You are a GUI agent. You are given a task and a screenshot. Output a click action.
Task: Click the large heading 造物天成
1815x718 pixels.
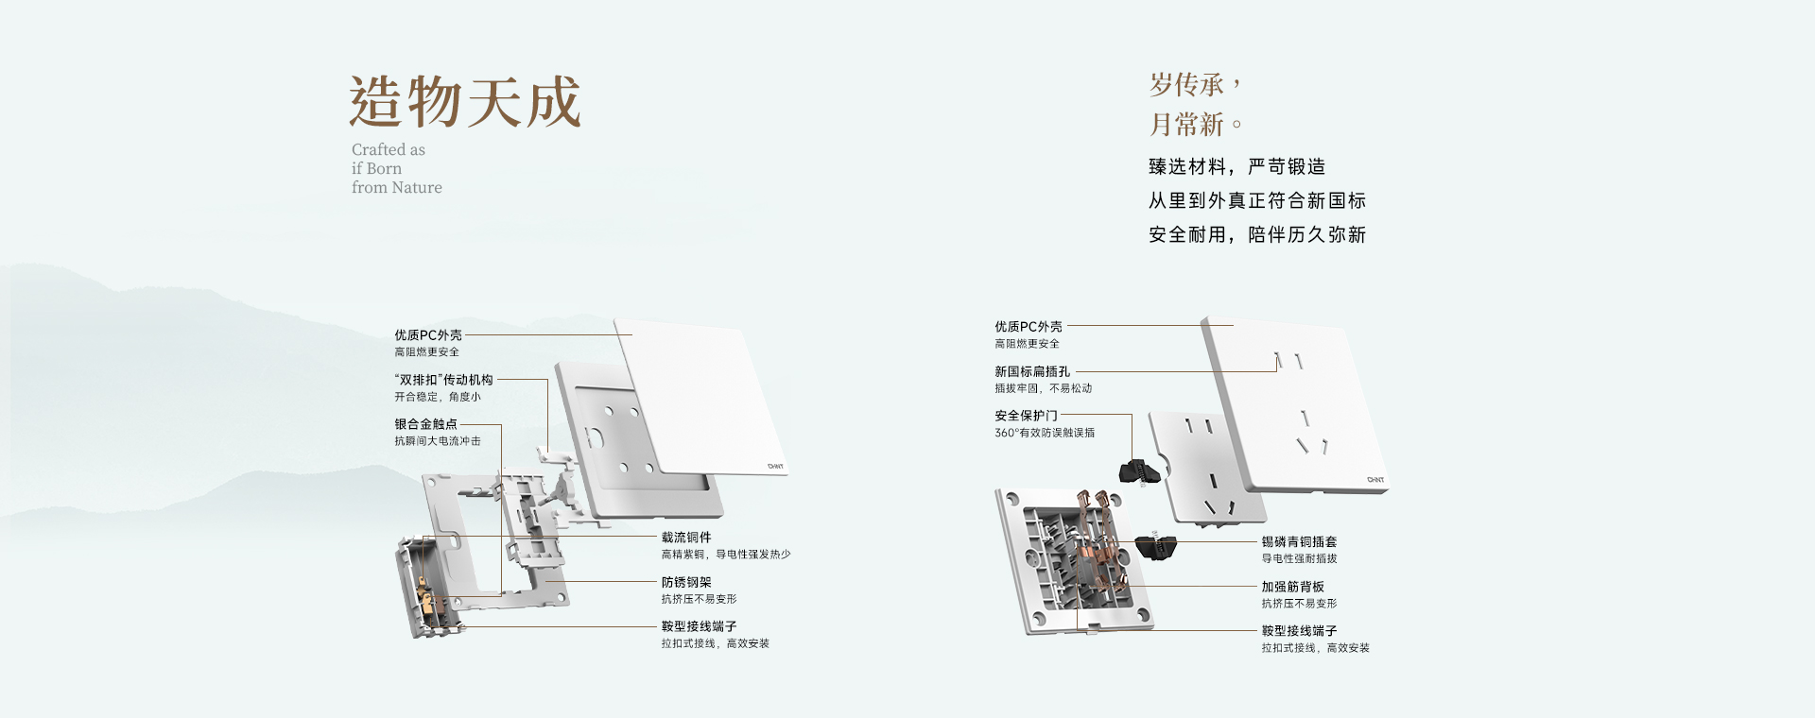click(464, 102)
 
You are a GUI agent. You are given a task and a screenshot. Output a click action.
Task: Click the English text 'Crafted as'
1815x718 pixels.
click(389, 150)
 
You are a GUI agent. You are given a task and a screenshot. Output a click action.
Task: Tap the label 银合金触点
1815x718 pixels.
click(425, 424)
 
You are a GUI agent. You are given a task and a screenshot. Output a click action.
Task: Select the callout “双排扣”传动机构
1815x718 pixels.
click(443, 380)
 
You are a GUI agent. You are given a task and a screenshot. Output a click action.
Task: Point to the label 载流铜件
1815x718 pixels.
click(686, 538)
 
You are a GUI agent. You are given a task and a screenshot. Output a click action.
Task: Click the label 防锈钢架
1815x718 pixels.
click(686, 583)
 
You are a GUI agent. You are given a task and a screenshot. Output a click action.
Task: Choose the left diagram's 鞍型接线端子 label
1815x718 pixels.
click(699, 626)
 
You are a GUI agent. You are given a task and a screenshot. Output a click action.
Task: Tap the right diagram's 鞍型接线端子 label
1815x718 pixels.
click(1299, 631)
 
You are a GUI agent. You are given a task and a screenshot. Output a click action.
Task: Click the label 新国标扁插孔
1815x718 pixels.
click(1032, 372)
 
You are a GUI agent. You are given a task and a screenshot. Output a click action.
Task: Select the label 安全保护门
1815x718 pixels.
click(1026, 416)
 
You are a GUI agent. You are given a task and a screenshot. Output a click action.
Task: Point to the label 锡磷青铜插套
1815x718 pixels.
click(1299, 542)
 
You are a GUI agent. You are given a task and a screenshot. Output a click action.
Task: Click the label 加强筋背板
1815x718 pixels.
click(1292, 587)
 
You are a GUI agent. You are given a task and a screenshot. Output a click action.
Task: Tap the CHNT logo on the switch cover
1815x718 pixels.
click(775, 466)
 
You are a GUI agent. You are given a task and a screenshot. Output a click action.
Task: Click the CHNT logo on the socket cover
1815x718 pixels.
click(1375, 480)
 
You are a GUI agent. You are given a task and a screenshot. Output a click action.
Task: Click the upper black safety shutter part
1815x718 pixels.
click(1142, 469)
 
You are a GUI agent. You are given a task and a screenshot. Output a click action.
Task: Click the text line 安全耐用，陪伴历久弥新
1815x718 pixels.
click(1257, 235)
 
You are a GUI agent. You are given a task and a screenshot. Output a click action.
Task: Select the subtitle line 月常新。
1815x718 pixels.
click(1195, 125)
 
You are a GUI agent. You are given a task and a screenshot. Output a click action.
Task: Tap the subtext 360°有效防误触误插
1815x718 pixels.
click(1045, 433)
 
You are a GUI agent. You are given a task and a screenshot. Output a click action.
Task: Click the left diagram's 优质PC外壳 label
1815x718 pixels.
click(428, 335)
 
